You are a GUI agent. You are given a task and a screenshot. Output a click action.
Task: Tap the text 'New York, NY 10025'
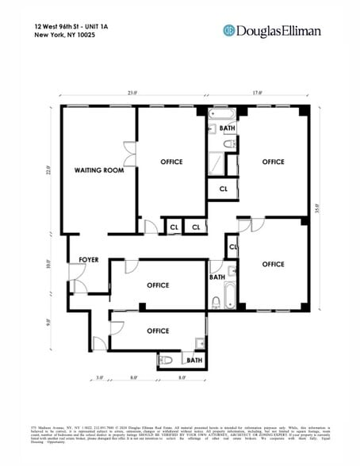click(x=62, y=36)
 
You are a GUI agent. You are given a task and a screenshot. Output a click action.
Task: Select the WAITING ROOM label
click(x=99, y=170)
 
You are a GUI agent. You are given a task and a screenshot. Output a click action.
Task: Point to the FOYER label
click(x=88, y=260)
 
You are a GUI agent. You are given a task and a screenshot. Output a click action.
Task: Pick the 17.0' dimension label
click(x=257, y=94)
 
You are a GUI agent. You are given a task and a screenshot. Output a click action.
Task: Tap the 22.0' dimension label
click(x=48, y=171)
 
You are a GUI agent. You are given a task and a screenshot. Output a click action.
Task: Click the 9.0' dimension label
click(x=48, y=322)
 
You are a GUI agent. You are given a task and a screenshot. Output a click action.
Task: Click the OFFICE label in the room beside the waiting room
click(x=171, y=162)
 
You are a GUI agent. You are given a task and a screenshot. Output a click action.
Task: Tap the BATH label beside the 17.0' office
click(x=228, y=128)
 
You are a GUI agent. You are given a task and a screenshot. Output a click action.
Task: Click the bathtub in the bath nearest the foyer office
click(x=231, y=295)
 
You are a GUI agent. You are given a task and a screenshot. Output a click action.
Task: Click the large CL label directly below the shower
click(x=223, y=189)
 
